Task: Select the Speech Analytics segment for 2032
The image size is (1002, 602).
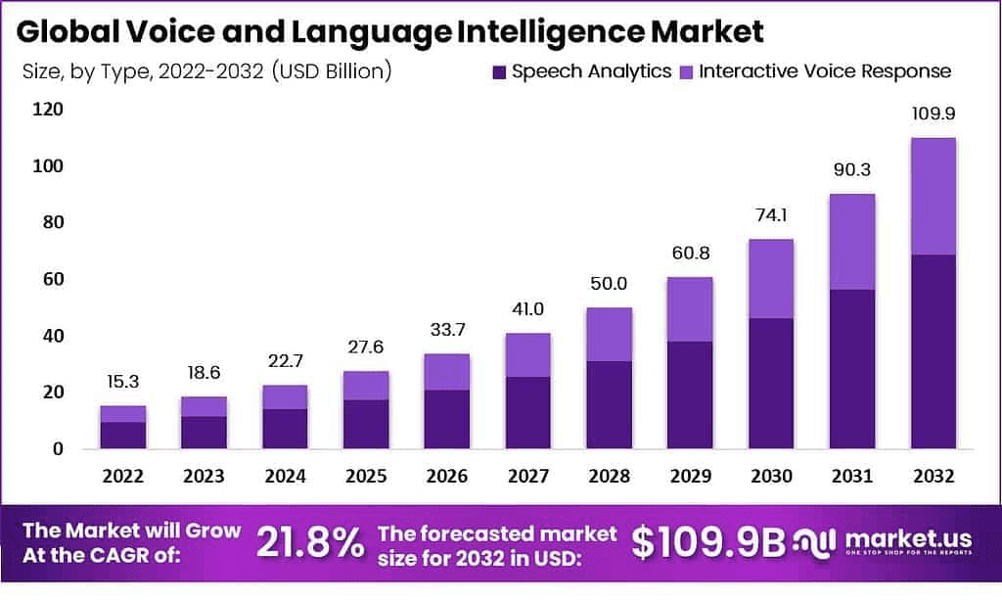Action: [933, 351]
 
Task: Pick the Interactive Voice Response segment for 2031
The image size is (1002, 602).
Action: [852, 242]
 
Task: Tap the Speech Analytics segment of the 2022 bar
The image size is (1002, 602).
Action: [123, 436]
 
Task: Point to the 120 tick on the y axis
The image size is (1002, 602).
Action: [46, 110]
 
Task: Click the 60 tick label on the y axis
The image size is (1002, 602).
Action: [50, 279]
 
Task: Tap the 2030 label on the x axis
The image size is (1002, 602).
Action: [772, 476]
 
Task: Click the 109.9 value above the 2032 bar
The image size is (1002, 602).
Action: [933, 115]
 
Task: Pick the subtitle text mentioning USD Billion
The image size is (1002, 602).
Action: [205, 71]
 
